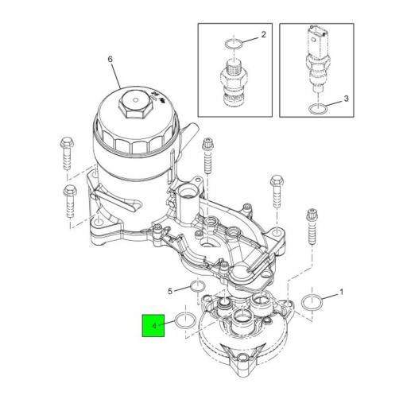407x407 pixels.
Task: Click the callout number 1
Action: click(342, 293)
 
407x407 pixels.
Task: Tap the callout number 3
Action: click(346, 99)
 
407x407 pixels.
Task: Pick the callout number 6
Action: click(111, 60)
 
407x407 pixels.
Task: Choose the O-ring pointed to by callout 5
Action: click(198, 286)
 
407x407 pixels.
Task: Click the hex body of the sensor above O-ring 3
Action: click(316, 64)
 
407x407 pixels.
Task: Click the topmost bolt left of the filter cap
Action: click(65, 149)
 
